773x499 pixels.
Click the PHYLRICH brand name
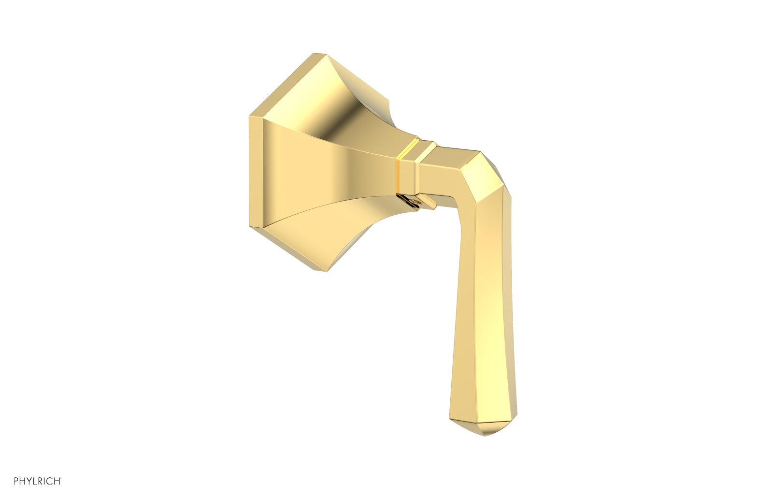click(x=37, y=481)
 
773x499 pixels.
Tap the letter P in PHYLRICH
click(x=16, y=481)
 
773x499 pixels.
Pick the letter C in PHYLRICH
click(x=50, y=481)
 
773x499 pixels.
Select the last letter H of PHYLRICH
click(x=57, y=481)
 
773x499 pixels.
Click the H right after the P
click(x=23, y=481)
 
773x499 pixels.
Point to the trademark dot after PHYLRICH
click(x=61, y=478)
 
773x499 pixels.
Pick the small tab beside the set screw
click(x=428, y=202)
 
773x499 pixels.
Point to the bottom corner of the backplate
click(x=319, y=269)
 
